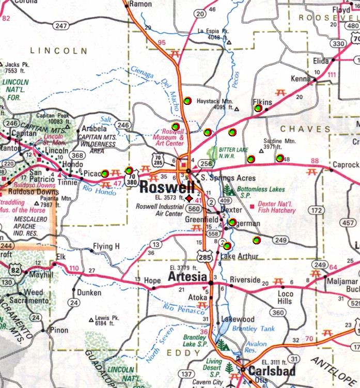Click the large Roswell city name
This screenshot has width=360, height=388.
[x=165, y=187]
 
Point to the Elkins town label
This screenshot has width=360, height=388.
[x=262, y=102]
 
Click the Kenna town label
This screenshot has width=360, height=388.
[x=301, y=79]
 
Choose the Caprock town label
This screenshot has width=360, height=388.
[x=346, y=165]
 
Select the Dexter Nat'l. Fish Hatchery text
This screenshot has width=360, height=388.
[x=277, y=208]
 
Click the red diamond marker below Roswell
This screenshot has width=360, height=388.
[x=190, y=198]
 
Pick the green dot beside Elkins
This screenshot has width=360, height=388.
[x=257, y=108]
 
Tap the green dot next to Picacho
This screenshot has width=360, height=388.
[x=105, y=174]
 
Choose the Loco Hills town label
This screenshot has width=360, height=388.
[x=285, y=297]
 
